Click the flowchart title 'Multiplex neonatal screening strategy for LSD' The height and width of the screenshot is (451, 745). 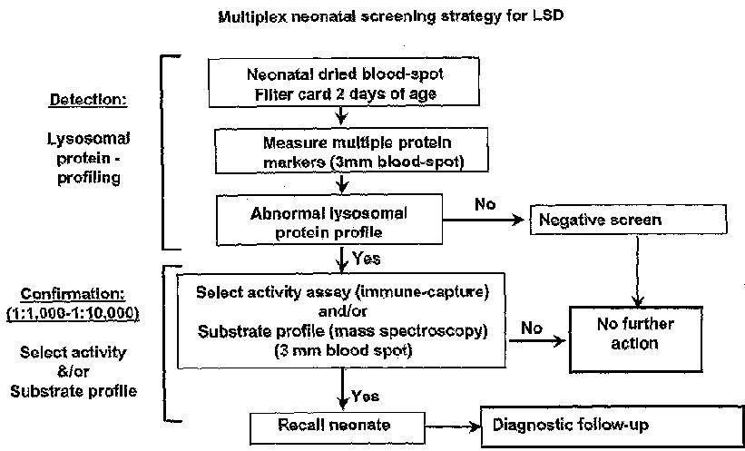click(x=390, y=15)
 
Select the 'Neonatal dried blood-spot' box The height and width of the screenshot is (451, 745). click(x=344, y=82)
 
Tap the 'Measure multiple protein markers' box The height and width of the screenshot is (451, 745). click(x=351, y=150)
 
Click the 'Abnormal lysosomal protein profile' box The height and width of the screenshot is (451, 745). click(x=329, y=219)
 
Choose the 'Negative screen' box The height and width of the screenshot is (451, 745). click(x=628, y=220)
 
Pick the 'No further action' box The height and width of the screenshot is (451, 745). click(x=636, y=339)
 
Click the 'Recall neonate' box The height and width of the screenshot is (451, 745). click(x=338, y=427)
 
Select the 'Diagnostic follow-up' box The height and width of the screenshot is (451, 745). click(x=613, y=426)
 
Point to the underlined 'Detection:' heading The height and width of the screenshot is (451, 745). click(x=88, y=100)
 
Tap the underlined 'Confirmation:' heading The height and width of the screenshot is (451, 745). click(x=73, y=294)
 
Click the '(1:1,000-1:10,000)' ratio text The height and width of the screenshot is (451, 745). click(x=73, y=315)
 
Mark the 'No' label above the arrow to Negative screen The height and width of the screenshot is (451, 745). click(x=485, y=204)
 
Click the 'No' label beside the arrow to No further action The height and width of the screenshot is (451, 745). click(x=531, y=328)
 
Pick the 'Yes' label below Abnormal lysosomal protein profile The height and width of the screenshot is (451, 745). click(x=367, y=259)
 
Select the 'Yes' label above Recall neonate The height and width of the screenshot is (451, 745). click(x=365, y=396)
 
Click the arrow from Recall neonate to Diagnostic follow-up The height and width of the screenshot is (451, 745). click(x=453, y=427)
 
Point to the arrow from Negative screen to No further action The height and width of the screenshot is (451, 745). click(x=637, y=271)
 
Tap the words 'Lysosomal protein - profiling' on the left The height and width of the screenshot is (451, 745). click(x=88, y=158)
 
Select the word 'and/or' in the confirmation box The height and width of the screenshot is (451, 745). click(x=342, y=312)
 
